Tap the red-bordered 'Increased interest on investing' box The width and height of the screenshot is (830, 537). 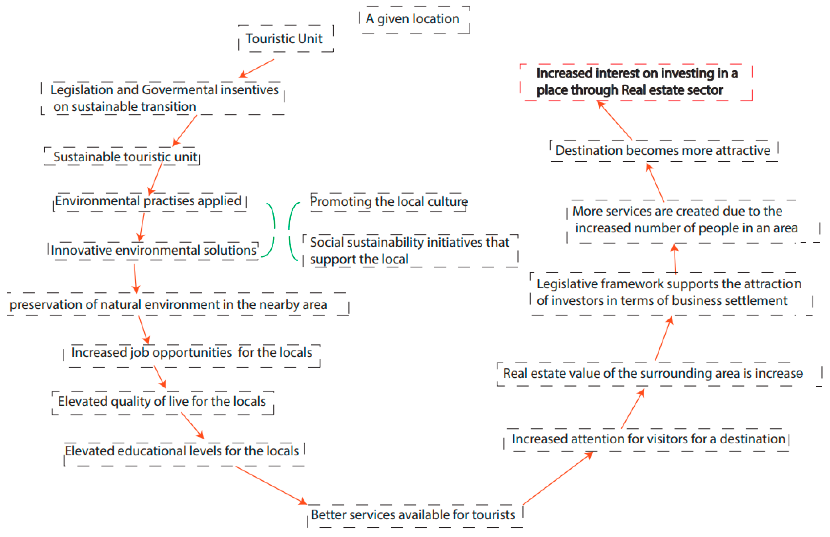[636, 82]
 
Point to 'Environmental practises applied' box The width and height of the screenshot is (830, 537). [149, 201]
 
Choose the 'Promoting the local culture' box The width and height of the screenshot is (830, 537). [388, 202]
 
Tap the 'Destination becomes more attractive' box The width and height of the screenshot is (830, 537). [663, 151]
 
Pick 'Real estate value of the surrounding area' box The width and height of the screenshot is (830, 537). [653, 373]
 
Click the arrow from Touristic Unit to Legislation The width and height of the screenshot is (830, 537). [257, 68]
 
